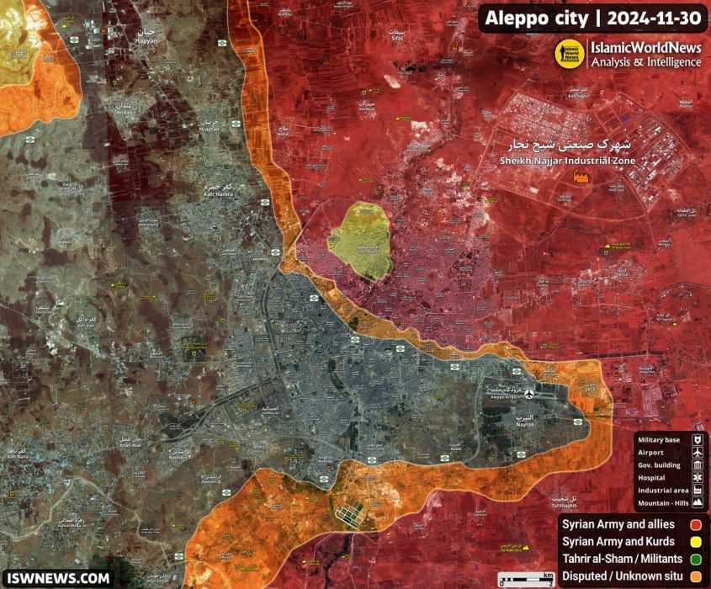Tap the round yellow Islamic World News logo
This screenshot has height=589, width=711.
(x=570, y=56)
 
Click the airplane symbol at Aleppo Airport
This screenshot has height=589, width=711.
(x=528, y=394)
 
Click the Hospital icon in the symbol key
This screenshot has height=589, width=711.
(x=698, y=477)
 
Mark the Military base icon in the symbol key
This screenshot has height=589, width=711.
(x=698, y=440)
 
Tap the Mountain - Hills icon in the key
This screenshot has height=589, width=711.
(x=698, y=502)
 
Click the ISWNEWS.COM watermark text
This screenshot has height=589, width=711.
(x=58, y=578)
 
